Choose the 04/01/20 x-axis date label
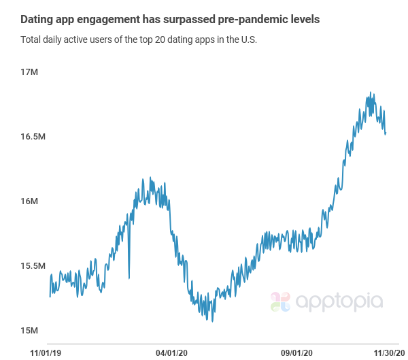pyautogui.click(x=171, y=353)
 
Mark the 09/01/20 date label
pyautogui.click(x=297, y=353)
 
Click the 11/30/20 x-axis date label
pyautogui.click(x=389, y=353)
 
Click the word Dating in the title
pyautogui.click(x=38, y=19)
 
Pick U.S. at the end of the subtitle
pyautogui.click(x=248, y=39)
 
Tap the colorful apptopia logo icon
pyautogui.click(x=280, y=301)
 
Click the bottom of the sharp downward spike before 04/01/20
pyautogui.click(x=129, y=278)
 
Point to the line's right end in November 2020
pyautogui.click(x=386, y=133)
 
